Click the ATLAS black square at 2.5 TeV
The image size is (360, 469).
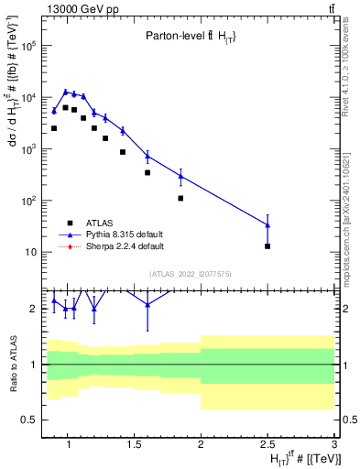267,246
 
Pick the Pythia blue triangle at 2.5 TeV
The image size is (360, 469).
267,224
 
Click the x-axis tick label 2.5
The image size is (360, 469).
267,446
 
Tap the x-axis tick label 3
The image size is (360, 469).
334,446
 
